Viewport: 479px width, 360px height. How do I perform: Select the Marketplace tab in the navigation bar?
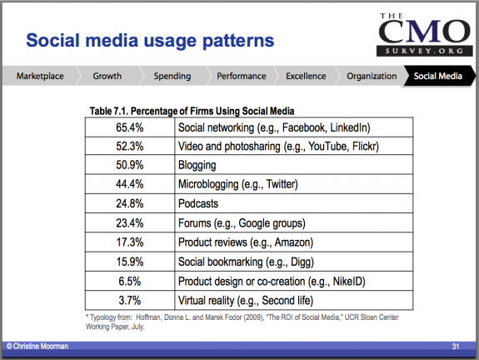(x=40, y=76)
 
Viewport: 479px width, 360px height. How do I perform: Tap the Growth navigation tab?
(x=107, y=76)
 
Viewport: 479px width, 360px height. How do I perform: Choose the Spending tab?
(x=172, y=76)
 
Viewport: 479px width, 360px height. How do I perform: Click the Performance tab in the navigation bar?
(x=242, y=76)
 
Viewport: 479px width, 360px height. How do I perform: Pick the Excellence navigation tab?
(x=306, y=76)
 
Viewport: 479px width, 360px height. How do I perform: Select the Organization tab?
(x=372, y=76)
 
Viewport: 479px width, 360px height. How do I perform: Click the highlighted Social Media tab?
(x=437, y=76)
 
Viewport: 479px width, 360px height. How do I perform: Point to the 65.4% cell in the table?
(x=129, y=127)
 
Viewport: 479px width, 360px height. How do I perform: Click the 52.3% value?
(x=129, y=146)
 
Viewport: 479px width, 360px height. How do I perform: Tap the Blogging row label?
(x=197, y=165)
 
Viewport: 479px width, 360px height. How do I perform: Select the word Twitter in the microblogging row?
(x=282, y=184)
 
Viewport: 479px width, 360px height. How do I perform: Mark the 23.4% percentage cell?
(x=129, y=222)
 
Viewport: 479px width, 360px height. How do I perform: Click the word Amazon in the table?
(x=294, y=242)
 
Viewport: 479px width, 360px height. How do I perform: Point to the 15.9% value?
(x=129, y=262)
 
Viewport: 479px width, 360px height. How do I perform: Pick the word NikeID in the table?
(x=349, y=281)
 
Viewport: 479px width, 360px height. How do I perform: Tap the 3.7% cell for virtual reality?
(x=129, y=300)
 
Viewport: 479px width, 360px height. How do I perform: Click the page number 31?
(x=456, y=346)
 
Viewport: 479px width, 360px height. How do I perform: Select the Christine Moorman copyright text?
(x=37, y=346)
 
